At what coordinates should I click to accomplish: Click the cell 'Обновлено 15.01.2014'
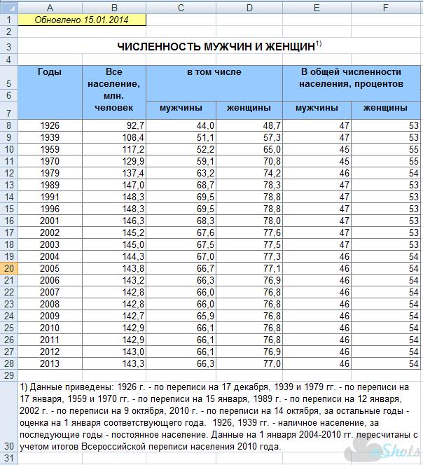[x=82, y=20]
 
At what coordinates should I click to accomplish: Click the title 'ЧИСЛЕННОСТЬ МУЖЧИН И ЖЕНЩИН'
[x=217, y=47]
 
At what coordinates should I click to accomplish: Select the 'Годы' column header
[x=50, y=72]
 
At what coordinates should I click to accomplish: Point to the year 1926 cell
[x=50, y=125]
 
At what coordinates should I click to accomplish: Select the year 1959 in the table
[x=50, y=150]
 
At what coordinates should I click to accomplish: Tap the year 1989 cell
[x=50, y=185]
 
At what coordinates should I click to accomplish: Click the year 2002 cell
[x=50, y=233]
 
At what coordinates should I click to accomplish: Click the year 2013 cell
[x=50, y=363]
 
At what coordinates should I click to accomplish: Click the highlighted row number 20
[x=9, y=268]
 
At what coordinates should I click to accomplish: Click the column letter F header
[x=386, y=7]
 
